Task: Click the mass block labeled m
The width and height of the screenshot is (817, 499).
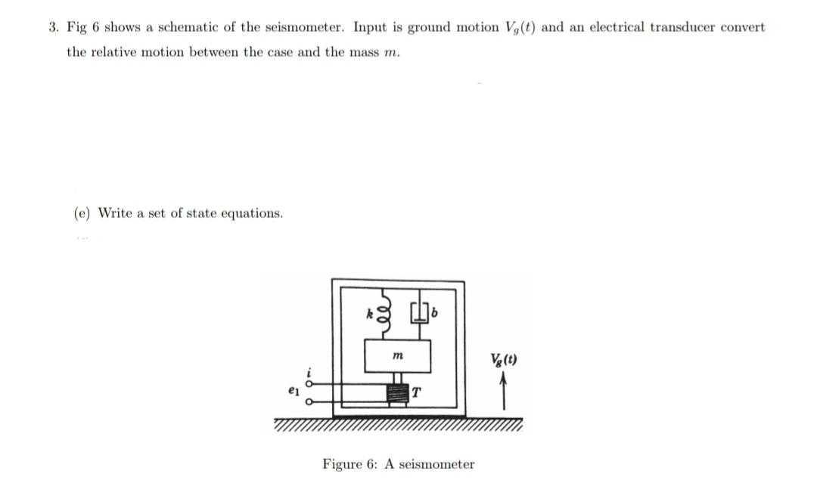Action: [398, 356]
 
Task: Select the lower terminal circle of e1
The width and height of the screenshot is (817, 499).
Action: [309, 402]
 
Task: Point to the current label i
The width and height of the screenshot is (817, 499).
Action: [308, 370]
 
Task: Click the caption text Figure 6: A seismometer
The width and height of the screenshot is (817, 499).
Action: [398, 464]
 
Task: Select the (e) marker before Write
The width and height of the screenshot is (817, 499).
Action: [82, 213]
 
